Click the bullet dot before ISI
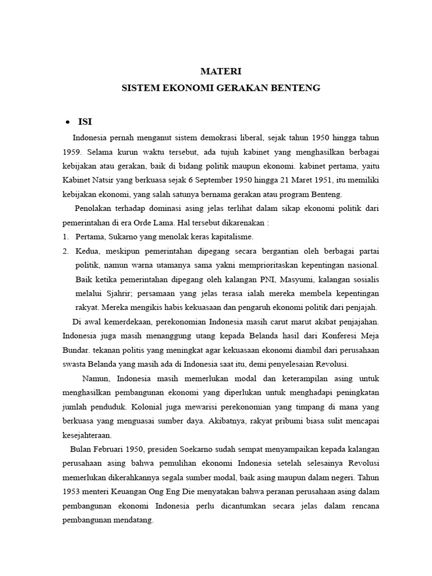pos(67,122)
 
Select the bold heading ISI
pos(85,121)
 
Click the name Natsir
pos(111,180)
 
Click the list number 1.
pos(65,236)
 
